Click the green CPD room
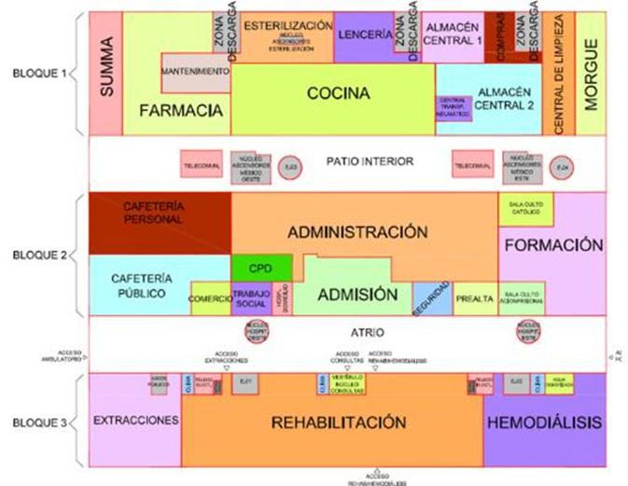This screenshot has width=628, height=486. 261,268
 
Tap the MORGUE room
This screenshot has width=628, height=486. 590,75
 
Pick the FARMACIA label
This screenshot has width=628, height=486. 183,111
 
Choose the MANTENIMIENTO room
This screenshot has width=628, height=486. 195,72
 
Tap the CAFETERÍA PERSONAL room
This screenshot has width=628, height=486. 160,212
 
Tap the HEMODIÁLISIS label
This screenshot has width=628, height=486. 545,423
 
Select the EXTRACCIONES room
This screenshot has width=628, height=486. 135,422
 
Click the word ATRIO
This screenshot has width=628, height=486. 370,332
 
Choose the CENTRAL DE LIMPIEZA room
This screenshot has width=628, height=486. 560,75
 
